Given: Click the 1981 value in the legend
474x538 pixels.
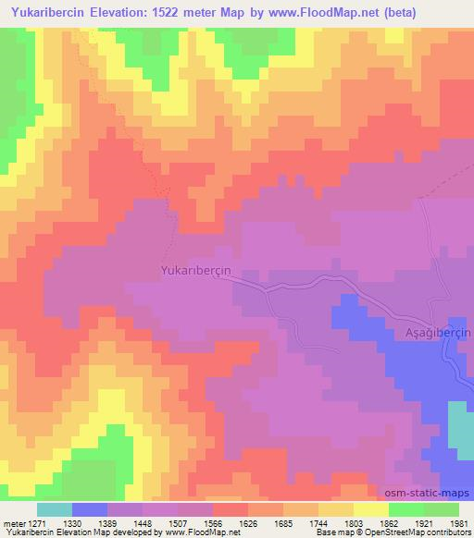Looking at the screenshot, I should click(456, 522).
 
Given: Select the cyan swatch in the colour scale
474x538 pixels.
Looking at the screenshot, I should click(55, 509).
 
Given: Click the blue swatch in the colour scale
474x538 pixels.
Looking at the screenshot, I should click(90, 509).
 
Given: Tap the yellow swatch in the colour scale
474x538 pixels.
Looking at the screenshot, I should click(371, 509).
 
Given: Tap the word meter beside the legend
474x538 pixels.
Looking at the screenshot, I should click(14, 522).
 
